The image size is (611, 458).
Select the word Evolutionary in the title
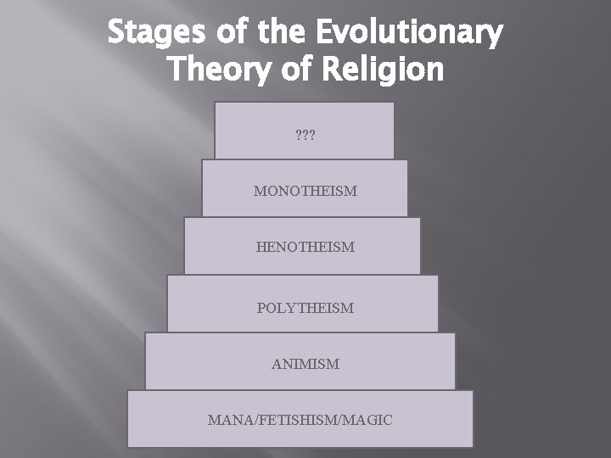click(x=409, y=34)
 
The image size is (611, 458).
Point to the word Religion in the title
click(x=386, y=70)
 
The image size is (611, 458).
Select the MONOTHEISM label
click(x=305, y=191)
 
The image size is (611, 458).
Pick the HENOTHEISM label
click(x=305, y=248)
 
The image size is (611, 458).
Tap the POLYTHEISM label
click(x=305, y=307)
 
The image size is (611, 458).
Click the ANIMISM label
click(x=305, y=364)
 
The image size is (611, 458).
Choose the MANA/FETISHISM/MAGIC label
click(x=300, y=420)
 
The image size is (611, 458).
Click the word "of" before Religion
click(x=296, y=70)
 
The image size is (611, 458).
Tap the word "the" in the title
click(x=282, y=34)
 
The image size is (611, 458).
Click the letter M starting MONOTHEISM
click(x=259, y=191)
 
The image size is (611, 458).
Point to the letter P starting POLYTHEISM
click(x=261, y=307)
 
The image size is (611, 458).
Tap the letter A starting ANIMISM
click(x=276, y=364)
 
